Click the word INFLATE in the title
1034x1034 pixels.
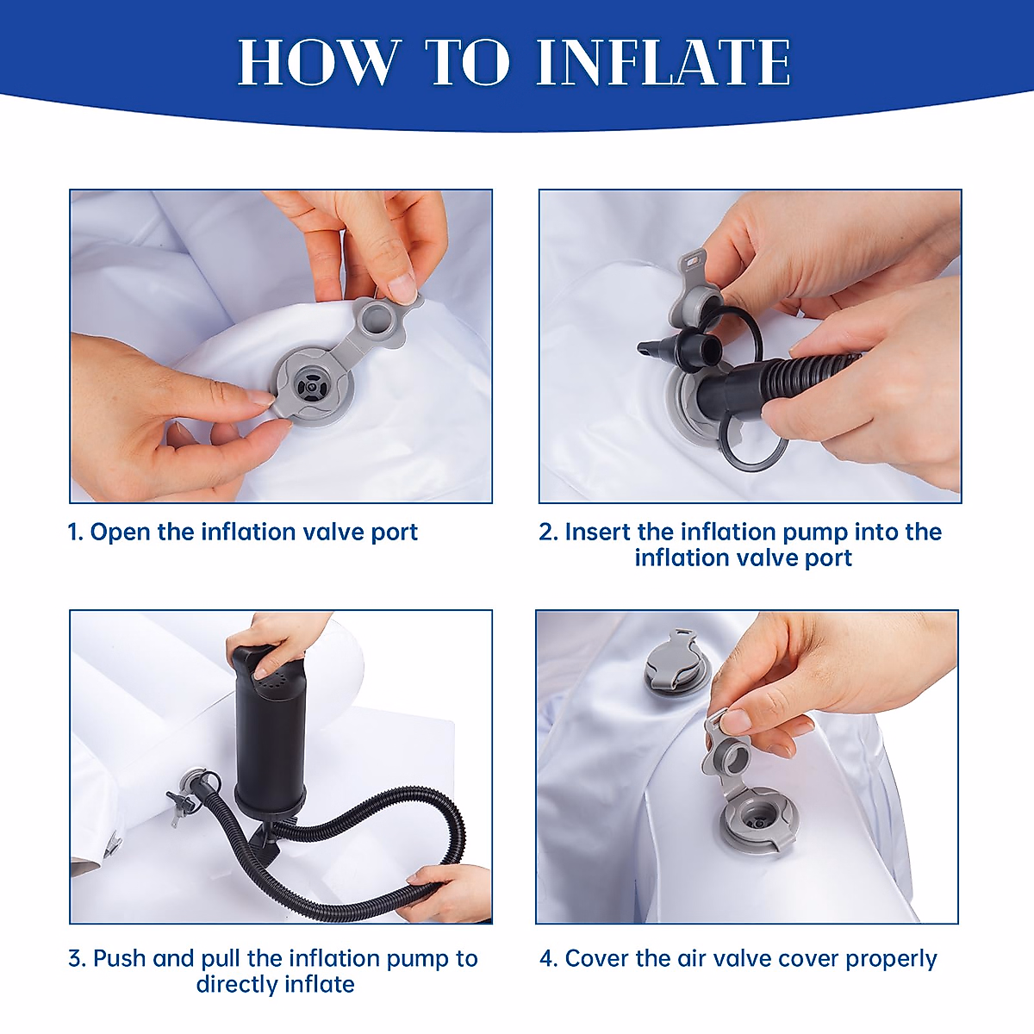click(663, 62)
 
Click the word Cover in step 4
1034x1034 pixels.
click(596, 959)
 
